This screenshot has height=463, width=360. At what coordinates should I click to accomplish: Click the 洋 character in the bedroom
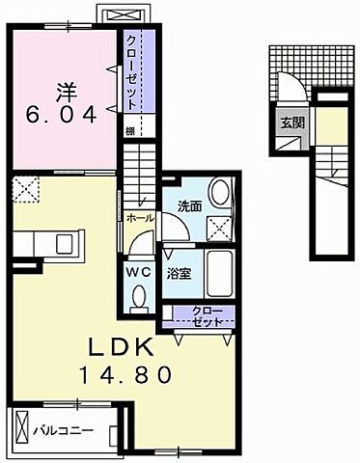(67, 95)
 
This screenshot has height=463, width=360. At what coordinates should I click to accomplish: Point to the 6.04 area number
(67, 116)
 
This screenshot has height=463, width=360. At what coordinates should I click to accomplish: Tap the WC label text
(136, 271)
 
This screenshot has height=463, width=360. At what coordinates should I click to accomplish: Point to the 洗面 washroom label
(189, 205)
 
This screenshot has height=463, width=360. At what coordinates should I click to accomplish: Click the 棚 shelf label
(128, 129)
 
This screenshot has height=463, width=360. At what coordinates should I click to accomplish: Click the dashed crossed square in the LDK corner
(23, 190)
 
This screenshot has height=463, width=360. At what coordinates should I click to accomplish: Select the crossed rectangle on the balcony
(20, 425)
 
